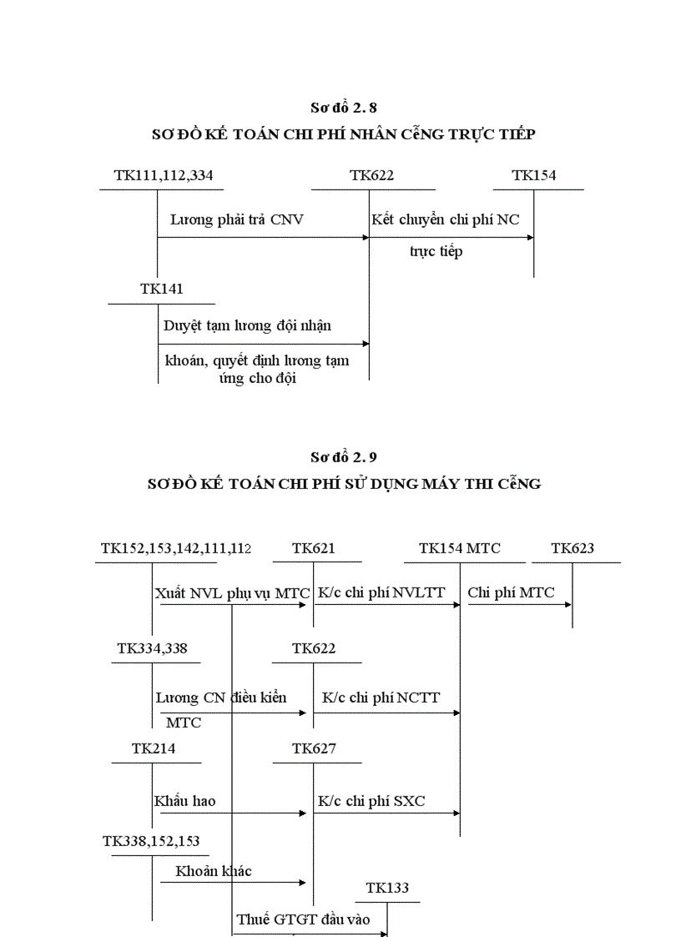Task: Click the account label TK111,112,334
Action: click(169, 175)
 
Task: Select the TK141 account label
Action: click(162, 289)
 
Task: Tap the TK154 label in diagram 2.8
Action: click(534, 175)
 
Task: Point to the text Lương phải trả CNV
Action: click(237, 220)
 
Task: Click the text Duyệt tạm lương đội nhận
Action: click(247, 325)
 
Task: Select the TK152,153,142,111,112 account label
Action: click(176, 548)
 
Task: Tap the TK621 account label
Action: click(314, 548)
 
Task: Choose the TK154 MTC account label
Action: click(460, 548)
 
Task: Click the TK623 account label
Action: click(573, 548)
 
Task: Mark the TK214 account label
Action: click(154, 748)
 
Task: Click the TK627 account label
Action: click(314, 748)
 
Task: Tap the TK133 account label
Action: click(387, 888)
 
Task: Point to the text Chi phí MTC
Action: click(511, 592)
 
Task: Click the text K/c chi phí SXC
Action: click(371, 801)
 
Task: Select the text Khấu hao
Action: click(184, 801)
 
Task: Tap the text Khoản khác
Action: click(214, 871)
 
